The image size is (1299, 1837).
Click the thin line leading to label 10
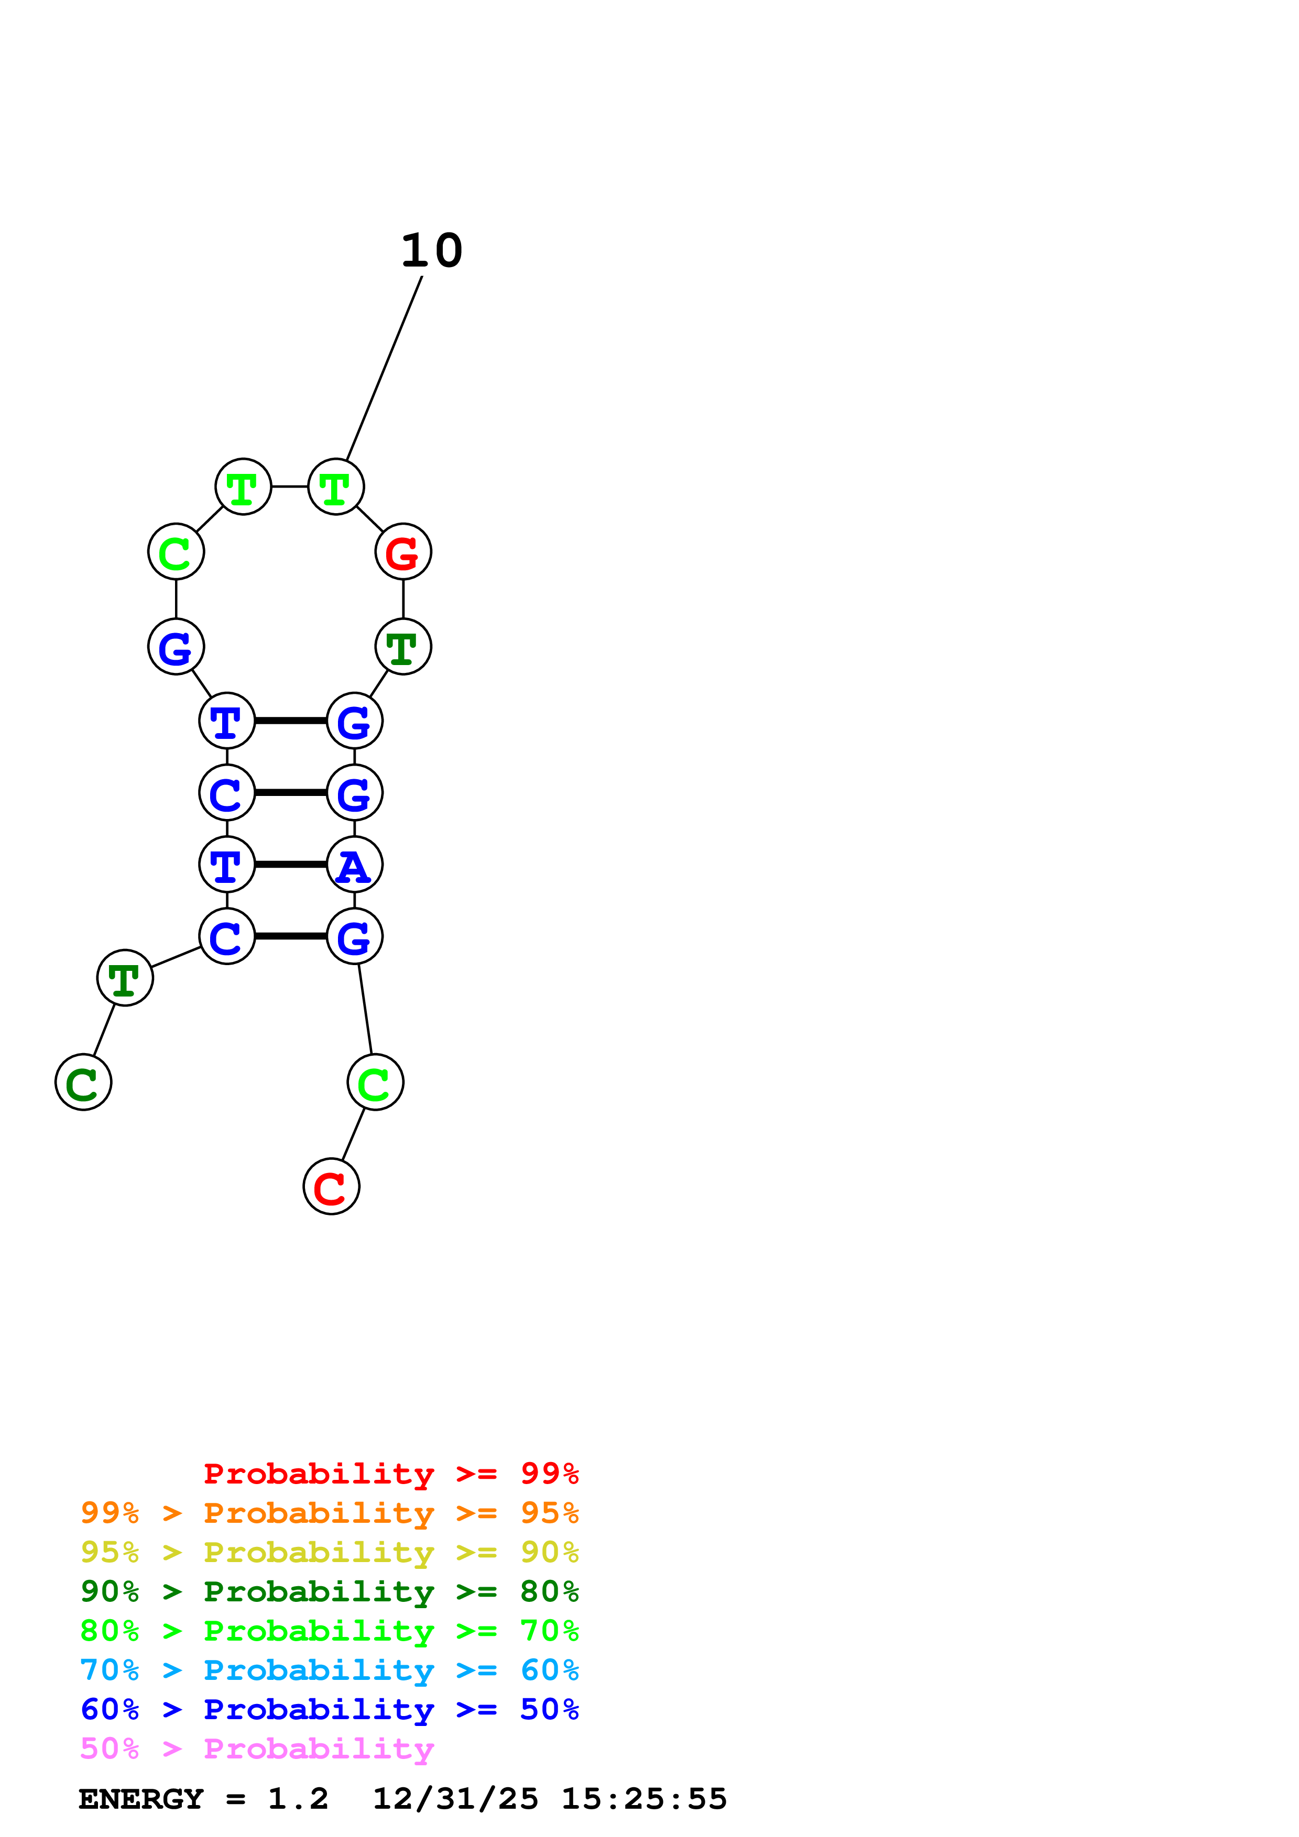coord(384,368)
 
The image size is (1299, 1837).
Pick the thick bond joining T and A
coord(290,864)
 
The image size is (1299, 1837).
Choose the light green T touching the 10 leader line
coord(336,486)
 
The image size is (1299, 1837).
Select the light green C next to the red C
coord(375,1082)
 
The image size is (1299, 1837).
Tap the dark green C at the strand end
coord(83,1082)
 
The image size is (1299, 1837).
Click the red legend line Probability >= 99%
coord(390,1474)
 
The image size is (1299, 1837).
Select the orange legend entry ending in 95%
coord(329,1513)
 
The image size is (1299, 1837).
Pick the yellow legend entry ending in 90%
coord(329,1552)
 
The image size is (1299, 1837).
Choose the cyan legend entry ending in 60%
coord(329,1670)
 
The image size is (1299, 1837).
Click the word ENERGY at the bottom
coord(141,1799)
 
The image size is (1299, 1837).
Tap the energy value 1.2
coord(298,1799)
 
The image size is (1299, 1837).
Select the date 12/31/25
coord(455,1799)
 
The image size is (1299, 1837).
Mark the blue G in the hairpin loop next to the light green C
coord(176,647)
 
